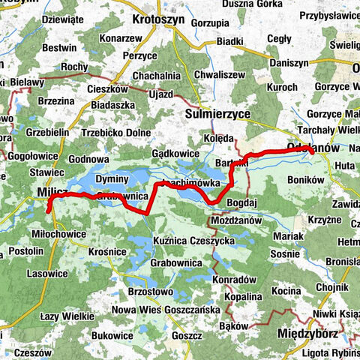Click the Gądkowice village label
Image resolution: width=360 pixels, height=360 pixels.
[x=175, y=153]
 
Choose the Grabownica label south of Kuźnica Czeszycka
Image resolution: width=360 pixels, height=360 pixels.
[x=172, y=263]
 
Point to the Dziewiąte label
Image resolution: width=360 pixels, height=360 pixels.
[x=65, y=20]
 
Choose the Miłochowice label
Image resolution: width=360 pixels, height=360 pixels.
[x=56, y=233]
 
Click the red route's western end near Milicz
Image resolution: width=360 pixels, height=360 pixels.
[x=49, y=211]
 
